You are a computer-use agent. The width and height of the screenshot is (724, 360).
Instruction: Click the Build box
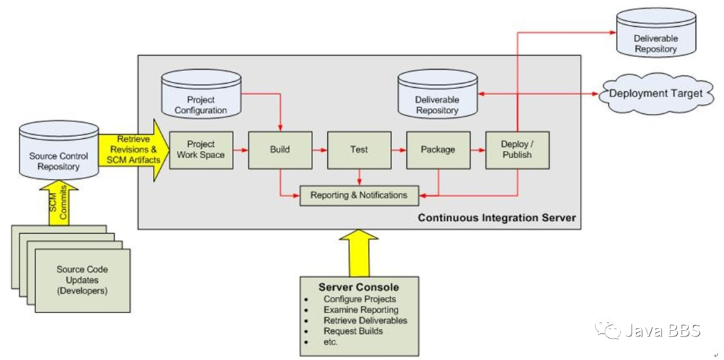(x=280, y=150)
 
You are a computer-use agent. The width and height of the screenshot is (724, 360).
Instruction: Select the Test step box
(x=359, y=150)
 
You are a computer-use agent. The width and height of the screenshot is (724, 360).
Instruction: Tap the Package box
(x=438, y=150)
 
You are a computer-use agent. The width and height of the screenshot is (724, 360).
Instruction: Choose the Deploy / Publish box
(x=517, y=150)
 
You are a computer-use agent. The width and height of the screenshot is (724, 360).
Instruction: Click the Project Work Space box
(x=201, y=150)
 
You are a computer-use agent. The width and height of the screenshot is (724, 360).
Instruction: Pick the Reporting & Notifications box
(x=359, y=195)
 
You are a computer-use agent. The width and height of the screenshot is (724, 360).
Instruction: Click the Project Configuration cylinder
(x=201, y=94)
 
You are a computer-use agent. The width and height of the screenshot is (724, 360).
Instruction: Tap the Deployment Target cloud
(x=656, y=94)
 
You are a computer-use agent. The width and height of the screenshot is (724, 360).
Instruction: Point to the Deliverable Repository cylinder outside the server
(x=656, y=33)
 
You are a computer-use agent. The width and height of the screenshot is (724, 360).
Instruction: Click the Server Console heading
(x=359, y=287)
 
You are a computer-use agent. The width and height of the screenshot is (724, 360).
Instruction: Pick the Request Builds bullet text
(x=353, y=331)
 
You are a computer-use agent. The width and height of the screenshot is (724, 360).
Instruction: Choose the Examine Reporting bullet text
(x=361, y=310)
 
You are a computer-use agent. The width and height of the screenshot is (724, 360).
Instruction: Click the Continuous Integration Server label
(x=497, y=217)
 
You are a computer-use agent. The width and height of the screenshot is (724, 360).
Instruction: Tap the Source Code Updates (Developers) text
(x=82, y=280)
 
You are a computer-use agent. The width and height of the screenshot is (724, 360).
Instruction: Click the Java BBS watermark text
(x=663, y=330)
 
